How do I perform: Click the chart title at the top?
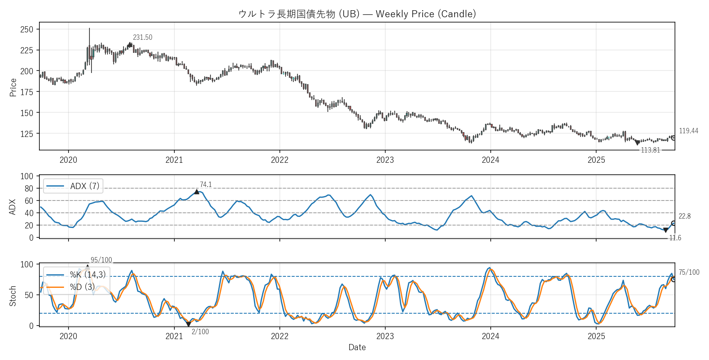(x=357, y=14)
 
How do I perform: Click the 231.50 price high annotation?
(x=142, y=37)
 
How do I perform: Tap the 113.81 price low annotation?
(x=650, y=150)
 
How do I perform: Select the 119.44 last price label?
(x=688, y=131)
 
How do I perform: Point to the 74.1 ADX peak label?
(x=206, y=185)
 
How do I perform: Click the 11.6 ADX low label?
(x=675, y=238)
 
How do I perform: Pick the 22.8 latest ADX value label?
(x=684, y=216)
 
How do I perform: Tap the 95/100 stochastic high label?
(x=101, y=260)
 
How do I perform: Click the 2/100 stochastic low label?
(x=200, y=332)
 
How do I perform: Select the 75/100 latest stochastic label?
(x=689, y=272)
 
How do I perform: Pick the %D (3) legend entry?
(x=82, y=287)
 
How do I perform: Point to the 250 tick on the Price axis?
(x=27, y=30)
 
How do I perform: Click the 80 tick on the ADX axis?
(x=29, y=189)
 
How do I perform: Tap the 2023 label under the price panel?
(x=385, y=160)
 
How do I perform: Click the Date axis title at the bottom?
(x=357, y=347)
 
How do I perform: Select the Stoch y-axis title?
(x=13, y=296)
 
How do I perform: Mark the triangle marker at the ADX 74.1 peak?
(x=197, y=192)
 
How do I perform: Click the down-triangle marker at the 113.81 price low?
(x=637, y=143)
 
